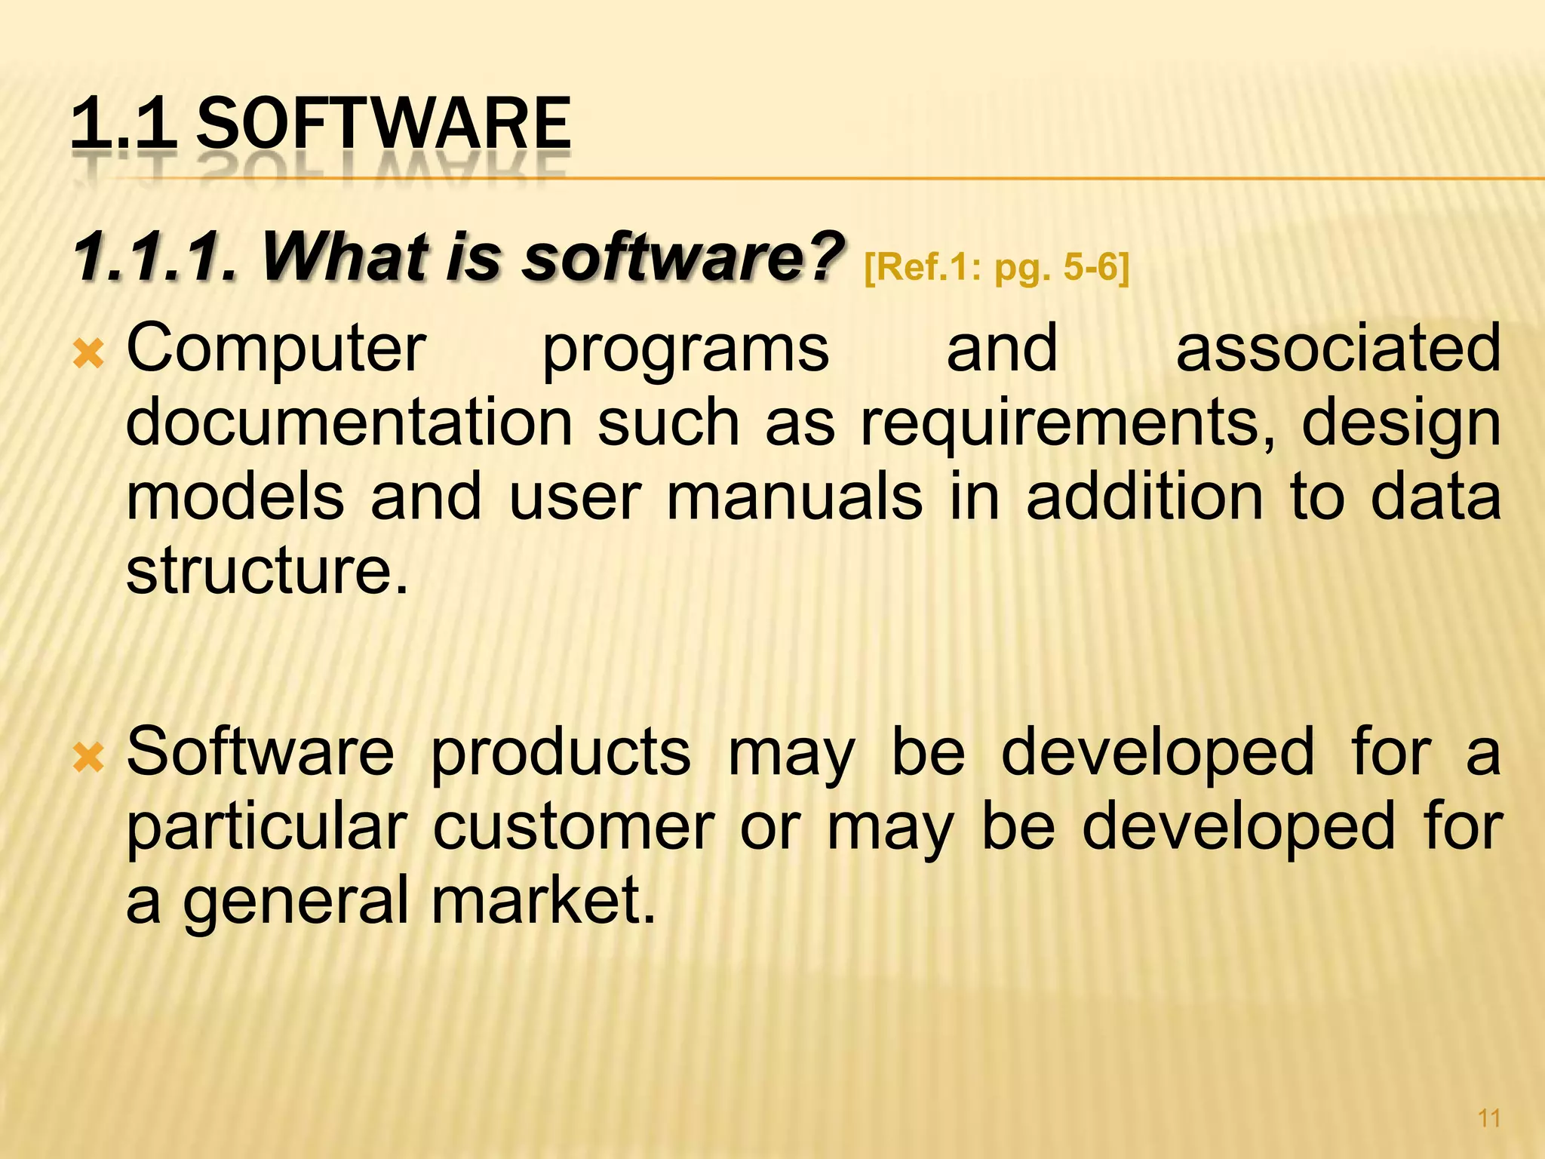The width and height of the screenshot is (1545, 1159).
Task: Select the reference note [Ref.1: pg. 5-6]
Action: [996, 268]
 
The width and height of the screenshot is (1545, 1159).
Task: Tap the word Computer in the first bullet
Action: [276, 349]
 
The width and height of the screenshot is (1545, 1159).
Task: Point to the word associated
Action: [1338, 349]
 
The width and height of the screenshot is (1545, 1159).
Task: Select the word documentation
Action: [349, 423]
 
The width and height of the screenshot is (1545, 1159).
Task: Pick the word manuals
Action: [794, 497]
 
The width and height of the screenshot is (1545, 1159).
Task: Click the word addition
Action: [1144, 497]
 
